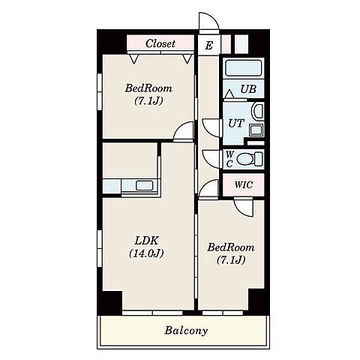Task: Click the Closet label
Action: click(160, 43)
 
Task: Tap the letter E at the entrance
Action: click(209, 46)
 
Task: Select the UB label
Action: click(248, 88)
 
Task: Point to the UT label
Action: click(236, 123)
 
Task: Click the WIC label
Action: click(244, 184)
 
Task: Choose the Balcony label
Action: click(186, 331)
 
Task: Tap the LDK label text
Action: click(146, 241)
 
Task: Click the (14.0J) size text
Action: click(146, 253)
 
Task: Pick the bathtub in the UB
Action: click(243, 67)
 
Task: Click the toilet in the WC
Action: click(249, 159)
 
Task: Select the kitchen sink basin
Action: click(144, 185)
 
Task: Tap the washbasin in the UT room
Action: click(257, 111)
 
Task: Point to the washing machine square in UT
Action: click(256, 130)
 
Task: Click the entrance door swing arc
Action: click(212, 19)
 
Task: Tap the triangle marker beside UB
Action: click(229, 94)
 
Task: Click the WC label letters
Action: click(229, 159)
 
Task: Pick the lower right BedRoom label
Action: click(231, 247)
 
